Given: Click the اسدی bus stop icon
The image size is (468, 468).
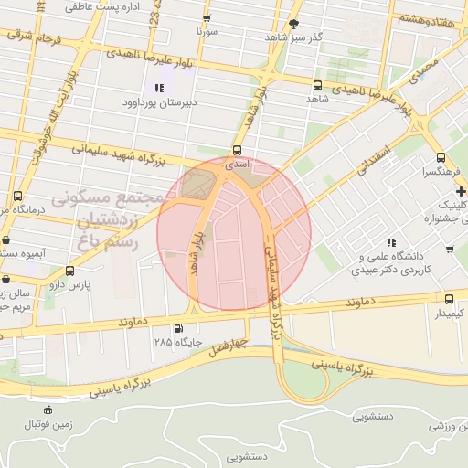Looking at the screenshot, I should click(238, 149).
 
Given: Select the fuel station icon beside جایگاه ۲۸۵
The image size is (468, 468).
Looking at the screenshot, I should click(177, 329).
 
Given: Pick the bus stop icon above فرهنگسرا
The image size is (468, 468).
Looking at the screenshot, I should click(441, 156).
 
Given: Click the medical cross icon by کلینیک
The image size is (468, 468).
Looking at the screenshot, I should click(462, 191).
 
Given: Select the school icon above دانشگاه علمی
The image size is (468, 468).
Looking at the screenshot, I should click(391, 243).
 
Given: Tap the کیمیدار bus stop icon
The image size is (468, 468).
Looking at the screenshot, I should click(449, 299).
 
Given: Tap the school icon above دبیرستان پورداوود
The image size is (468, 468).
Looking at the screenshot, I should click(160, 88).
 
